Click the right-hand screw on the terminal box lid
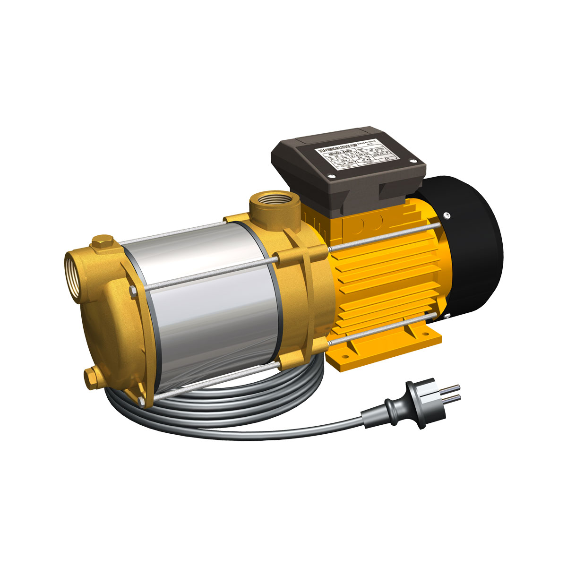tap(414, 162)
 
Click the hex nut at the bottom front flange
tap(142, 402)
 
